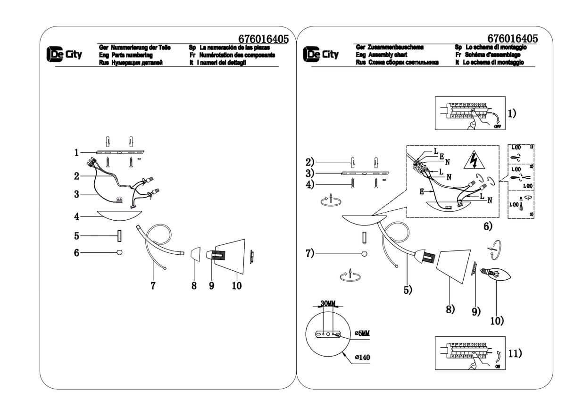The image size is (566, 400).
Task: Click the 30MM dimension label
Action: (327, 303)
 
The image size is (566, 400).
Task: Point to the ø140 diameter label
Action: (362, 357)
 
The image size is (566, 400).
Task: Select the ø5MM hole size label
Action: (361, 333)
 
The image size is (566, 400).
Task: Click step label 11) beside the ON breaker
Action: (516, 353)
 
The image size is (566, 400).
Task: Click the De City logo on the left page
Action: (64, 55)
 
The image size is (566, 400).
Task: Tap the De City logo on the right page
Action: (321, 55)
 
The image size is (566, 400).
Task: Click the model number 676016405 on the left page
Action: (264, 39)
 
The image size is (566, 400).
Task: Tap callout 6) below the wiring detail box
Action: (488, 226)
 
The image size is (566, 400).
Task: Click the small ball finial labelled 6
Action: (120, 253)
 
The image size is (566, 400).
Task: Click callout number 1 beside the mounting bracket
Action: (75, 152)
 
